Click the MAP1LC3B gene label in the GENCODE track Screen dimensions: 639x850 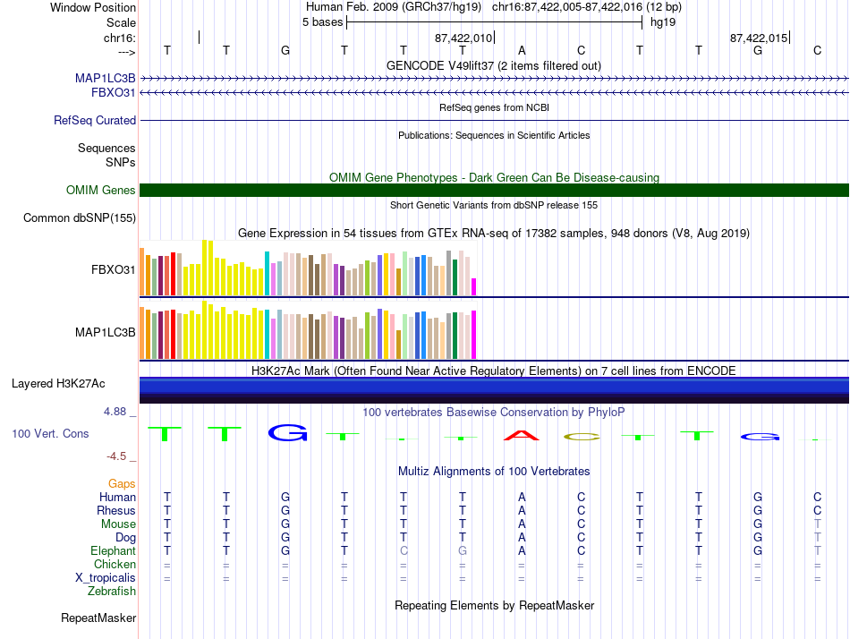click(x=106, y=78)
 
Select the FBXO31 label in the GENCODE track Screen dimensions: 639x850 click(x=114, y=91)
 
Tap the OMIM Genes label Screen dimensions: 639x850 click(x=101, y=190)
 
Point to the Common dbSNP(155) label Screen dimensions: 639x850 click(x=80, y=217)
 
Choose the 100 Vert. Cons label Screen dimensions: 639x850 click(x=50, y=433)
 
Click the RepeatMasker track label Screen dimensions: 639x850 click(x=98, y=618)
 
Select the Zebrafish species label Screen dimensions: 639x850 click(x=112, y=591)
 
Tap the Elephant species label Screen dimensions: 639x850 click(x=113, y=550)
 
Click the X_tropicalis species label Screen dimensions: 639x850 click(x=106, y=577)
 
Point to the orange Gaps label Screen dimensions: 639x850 click(x=122, y=483)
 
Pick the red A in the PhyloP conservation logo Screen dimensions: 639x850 click(x=522, y=436)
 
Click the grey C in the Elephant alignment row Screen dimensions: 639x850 click(x=404, y=550)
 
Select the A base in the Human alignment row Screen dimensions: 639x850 click(x=522, y=497)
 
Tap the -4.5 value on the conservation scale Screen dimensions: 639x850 click(x=120, y=456)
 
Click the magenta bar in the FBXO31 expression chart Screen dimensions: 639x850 click(x=474, y=286)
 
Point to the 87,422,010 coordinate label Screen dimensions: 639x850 click(x=463, y=38)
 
